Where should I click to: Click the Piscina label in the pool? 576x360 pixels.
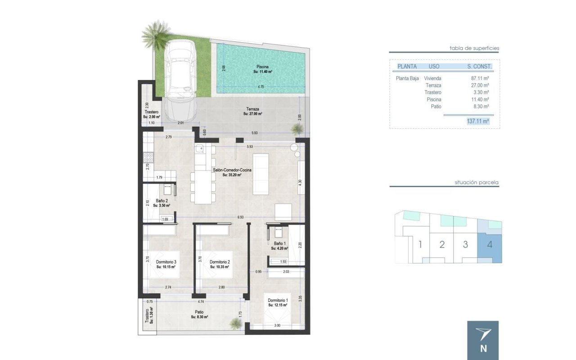[x=262, y=67]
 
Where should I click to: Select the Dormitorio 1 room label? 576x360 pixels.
[x=278, y=300]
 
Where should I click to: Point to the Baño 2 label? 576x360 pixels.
[x=162, y=201]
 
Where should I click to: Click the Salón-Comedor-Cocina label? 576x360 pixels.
[x=232, y=170]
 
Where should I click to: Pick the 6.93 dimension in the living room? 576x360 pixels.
[x=240, y=217]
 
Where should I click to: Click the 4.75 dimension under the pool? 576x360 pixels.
[x=261, y=87]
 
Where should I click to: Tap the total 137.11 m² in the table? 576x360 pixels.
[x=478, y=121]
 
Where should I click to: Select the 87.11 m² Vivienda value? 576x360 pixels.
[x=480, y=78]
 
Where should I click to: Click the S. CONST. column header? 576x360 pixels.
[x=479, y=66]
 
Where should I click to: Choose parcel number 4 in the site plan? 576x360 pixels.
[x=490, y=244]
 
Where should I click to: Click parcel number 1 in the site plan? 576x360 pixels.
[x=420, y=244]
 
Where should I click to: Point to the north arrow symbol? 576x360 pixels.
[x=483, y=334]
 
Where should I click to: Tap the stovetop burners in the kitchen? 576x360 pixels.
[x=148, y=157]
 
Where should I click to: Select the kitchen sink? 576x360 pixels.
[x=199, y=148]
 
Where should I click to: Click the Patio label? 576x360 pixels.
[x=199, y=312]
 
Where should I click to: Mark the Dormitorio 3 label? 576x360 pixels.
[x=166, y=262]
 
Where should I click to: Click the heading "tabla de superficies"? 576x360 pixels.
[x=474, y=48]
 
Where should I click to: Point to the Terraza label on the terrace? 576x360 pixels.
[x=252, y=109]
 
